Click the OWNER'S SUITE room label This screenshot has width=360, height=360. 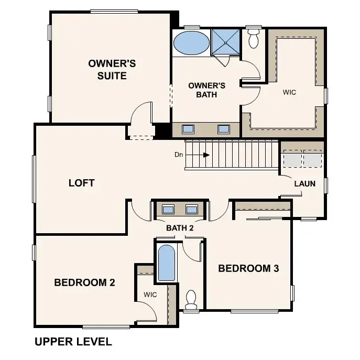click(x=112, y=70)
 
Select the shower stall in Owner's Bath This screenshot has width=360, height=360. click(x=225, y=42)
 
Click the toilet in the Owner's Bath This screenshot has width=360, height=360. click(x=254, y=37)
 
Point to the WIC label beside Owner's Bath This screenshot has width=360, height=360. click(x=289, y=92)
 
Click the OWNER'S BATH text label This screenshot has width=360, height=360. click(x=206, y=90)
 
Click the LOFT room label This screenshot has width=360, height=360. click(x=82, y=183)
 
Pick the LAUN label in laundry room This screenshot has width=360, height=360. click(x=304, y=184)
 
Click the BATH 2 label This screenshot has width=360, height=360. click(x=180, y=228)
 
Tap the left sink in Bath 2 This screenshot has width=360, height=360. click(x=168, y=210)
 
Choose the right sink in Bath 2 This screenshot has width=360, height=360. click(x=192, y=210)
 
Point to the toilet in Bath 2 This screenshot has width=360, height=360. click(x=191, y=298)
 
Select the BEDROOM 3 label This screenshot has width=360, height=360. click(x=248, y=269)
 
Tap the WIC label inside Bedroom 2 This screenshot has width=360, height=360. click(x=150, y=294)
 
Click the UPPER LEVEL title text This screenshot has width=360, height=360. click(x=73, y=342)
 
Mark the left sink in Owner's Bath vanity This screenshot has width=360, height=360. click(x=189, y=128)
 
